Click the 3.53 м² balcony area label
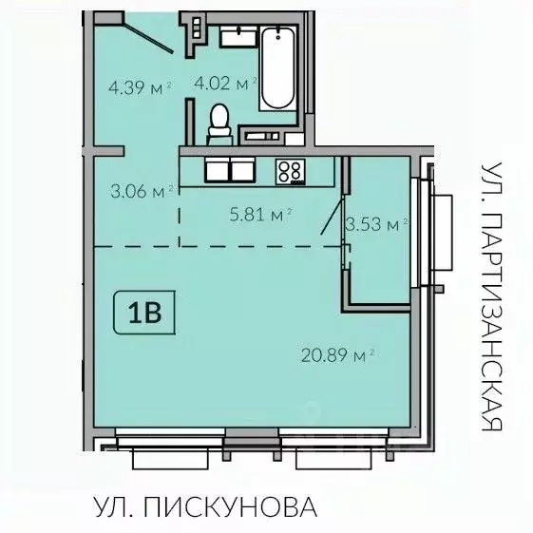tap(377, 224)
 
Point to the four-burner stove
tap(289, 171)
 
